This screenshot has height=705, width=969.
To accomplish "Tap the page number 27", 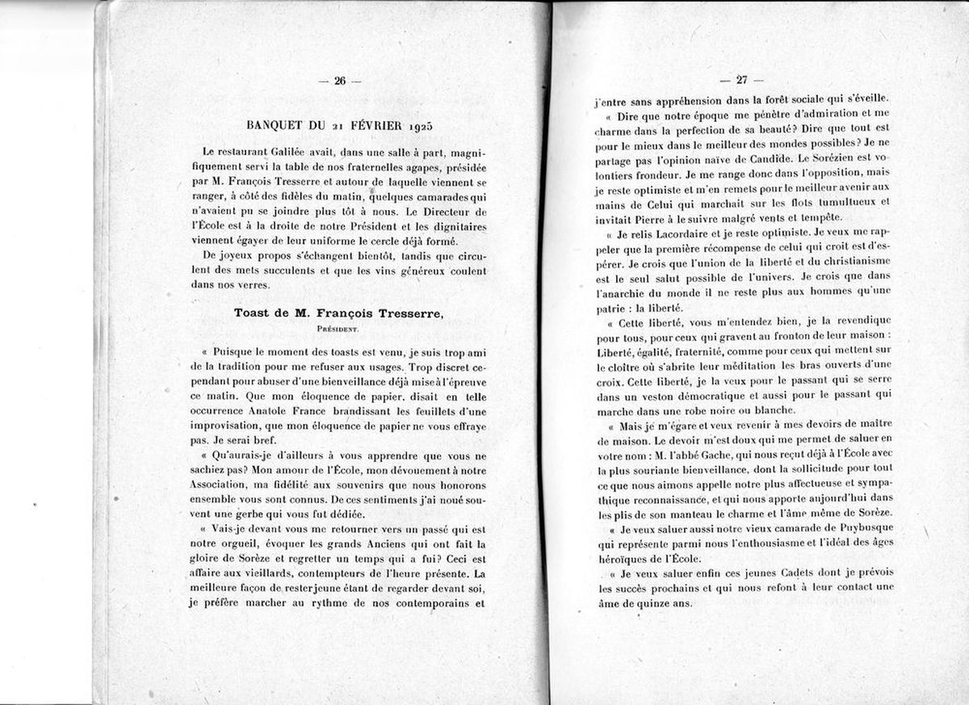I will [740, 80].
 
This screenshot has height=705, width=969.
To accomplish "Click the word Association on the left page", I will [222, 485].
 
